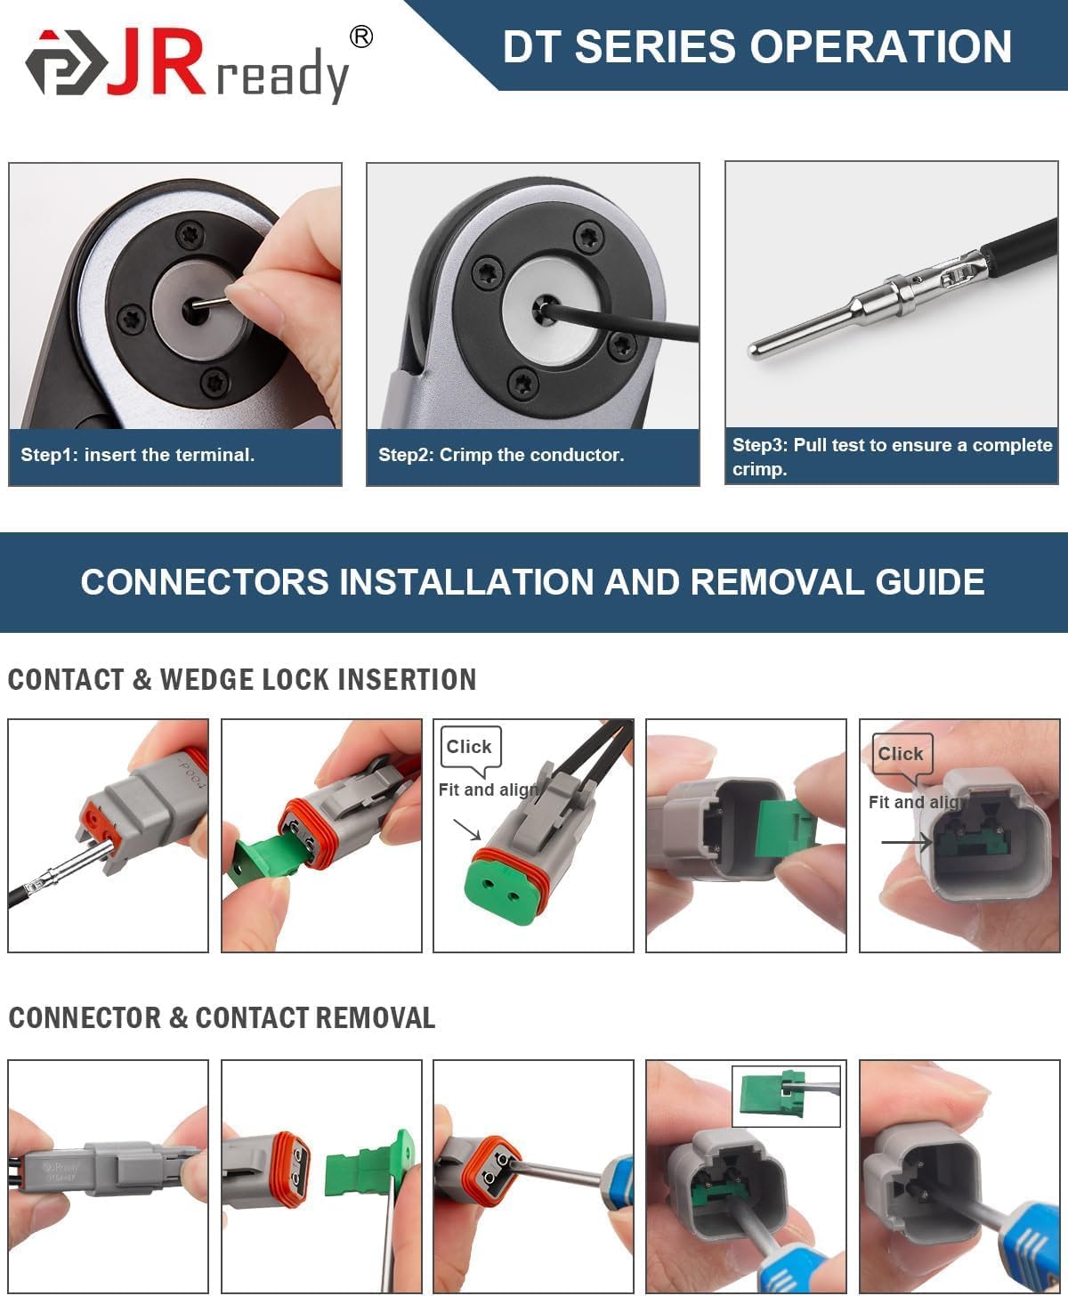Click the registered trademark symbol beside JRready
(x=361, y=36)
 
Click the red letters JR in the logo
(x=157, y=62)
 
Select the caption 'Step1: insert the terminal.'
(x=138, y=455)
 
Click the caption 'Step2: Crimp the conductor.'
(x=501, y=455)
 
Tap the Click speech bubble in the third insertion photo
(x=470, y=747)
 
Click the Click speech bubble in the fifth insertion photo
(x=902, y=754)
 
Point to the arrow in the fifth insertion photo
(x=905, y=842)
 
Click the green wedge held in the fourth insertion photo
(x=782, y=828)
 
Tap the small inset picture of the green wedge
(x=786, y=1096)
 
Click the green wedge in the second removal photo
(x=365, y=1168)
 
